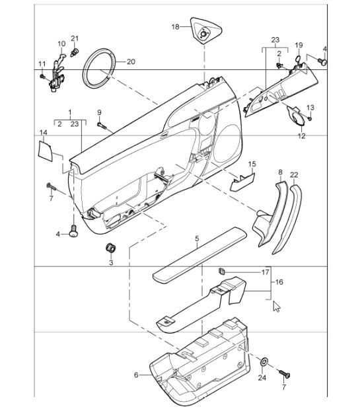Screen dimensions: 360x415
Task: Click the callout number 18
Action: pos(175,26)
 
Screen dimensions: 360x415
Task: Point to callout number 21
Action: pos(75,38)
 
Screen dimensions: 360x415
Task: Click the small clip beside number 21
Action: pos(75,52)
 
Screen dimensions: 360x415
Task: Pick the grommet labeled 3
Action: pos(110,248)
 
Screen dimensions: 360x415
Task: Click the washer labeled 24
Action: pos(264,361)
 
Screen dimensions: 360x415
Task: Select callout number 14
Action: pos(44,133)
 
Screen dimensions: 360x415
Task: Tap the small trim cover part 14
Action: pos(46,151)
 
